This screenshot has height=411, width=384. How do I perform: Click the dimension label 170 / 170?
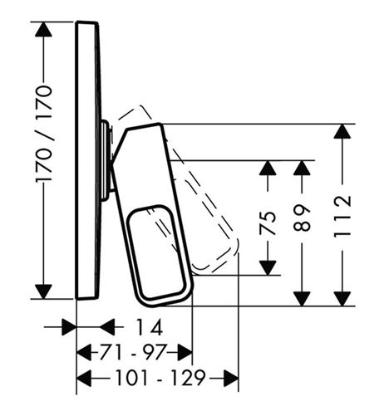tap(44, 134)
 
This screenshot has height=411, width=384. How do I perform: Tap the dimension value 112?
tap(342, 217)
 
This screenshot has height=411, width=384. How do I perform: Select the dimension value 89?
tap(302, 218)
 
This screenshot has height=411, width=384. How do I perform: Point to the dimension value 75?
tap(268, 223)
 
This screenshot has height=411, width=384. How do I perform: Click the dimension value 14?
tap(149, 327)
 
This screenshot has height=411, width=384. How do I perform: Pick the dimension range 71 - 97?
tap(134, 352)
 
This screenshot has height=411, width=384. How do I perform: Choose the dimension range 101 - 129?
tap(160, 378)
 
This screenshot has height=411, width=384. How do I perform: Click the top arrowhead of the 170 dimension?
tap(43, 29)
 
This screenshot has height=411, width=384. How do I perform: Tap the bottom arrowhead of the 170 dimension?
tap(43, 291)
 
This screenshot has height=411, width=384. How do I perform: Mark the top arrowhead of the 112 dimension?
tap(342, 131)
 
